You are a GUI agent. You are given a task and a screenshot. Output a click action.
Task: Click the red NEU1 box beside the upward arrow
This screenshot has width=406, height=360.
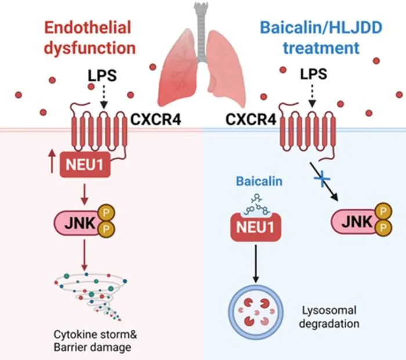(x=85, y=165)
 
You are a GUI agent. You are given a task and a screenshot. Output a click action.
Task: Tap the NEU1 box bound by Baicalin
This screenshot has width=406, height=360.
(x=256, y=227)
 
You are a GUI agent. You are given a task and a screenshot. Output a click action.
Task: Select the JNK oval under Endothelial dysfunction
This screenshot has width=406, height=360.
(x=78, y=223)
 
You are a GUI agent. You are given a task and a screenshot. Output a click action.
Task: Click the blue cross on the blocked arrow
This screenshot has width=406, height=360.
(x=322, y=179)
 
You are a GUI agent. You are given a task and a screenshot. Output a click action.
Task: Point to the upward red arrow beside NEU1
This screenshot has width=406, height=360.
(x=52, y=161)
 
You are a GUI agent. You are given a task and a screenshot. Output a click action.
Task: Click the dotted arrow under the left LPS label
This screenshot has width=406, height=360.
(x=104, y=97)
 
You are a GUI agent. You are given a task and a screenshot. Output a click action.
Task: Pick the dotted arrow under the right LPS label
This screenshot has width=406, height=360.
(x=312, y=96)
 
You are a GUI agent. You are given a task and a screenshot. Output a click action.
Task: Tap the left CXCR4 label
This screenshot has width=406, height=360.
(x=155, y=119)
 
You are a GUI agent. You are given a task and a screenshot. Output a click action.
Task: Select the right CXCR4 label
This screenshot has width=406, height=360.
(x=251, y=119)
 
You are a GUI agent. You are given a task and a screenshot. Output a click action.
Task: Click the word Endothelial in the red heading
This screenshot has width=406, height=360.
(x=88, y=27)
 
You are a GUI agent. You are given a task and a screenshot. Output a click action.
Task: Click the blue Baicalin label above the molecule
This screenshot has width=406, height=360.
(x=259, y=181)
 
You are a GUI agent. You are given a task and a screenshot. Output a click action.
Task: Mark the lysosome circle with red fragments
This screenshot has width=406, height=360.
(x=256, y=312)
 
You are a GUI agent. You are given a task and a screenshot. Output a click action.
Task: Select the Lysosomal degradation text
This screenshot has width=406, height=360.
(x=329, y=317)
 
